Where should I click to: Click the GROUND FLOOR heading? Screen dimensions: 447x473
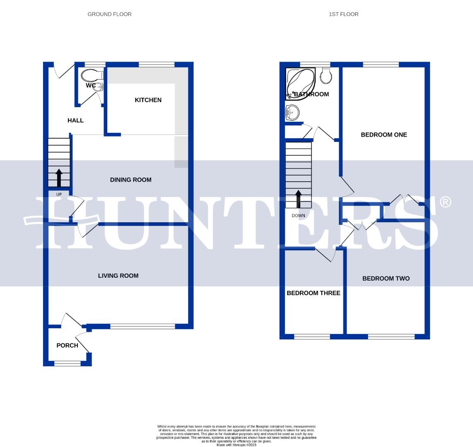(x=109, y=14)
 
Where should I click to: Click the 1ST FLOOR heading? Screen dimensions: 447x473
(x=343, y=14)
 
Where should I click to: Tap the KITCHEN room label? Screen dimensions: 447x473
(x=148, y=100)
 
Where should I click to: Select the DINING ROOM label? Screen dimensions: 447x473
(x=130, y=180)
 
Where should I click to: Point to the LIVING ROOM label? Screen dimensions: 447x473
(x=118, y=276)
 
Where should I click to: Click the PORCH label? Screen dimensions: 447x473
(x=67, y=346)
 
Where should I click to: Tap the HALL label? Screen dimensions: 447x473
(x=75, y=120)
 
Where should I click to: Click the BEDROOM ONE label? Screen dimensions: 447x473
(x=384, y=135)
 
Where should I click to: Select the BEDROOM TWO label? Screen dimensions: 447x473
(x=386, y=279)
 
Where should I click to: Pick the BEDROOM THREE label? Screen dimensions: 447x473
(x=313, y=293)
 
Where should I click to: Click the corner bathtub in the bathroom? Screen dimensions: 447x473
(x=299, y=82)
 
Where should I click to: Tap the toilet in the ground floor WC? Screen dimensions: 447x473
(x=92, y=76)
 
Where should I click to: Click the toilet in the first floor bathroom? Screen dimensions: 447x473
(x=326, y=75)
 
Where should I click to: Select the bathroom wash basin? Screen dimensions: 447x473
(x=292, y=112)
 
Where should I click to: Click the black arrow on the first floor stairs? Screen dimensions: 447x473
(x=298, y=199)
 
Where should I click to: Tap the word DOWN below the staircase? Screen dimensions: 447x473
(x=298, y=216)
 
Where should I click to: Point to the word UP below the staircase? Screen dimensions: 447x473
(x=59, y=194)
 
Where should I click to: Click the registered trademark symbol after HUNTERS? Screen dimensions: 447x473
(x=445, y=202)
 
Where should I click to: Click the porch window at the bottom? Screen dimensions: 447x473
(x=67, y=364)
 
